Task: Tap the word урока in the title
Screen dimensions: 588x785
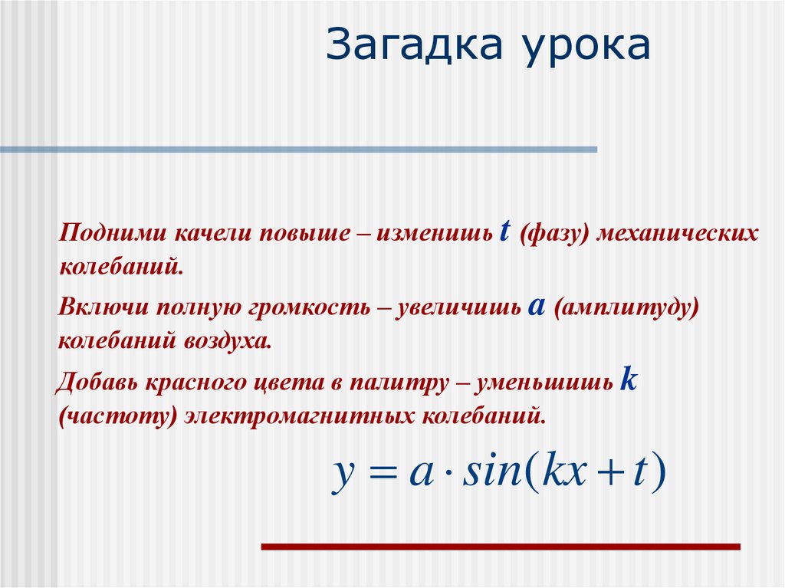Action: [x=588, y=48]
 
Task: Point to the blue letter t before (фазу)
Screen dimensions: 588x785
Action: [x=504, y=232]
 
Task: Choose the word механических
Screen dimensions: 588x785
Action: [x=677, y=233]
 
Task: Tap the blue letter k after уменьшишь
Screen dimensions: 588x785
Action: [x=629, y=379]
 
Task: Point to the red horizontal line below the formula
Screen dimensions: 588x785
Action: [x=501, y=547]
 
